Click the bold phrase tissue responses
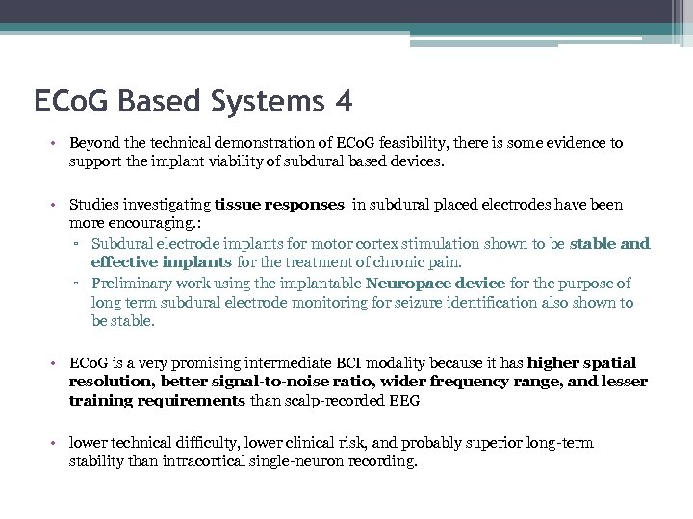tap(279, 205)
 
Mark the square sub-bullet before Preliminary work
tap(80, 283)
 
